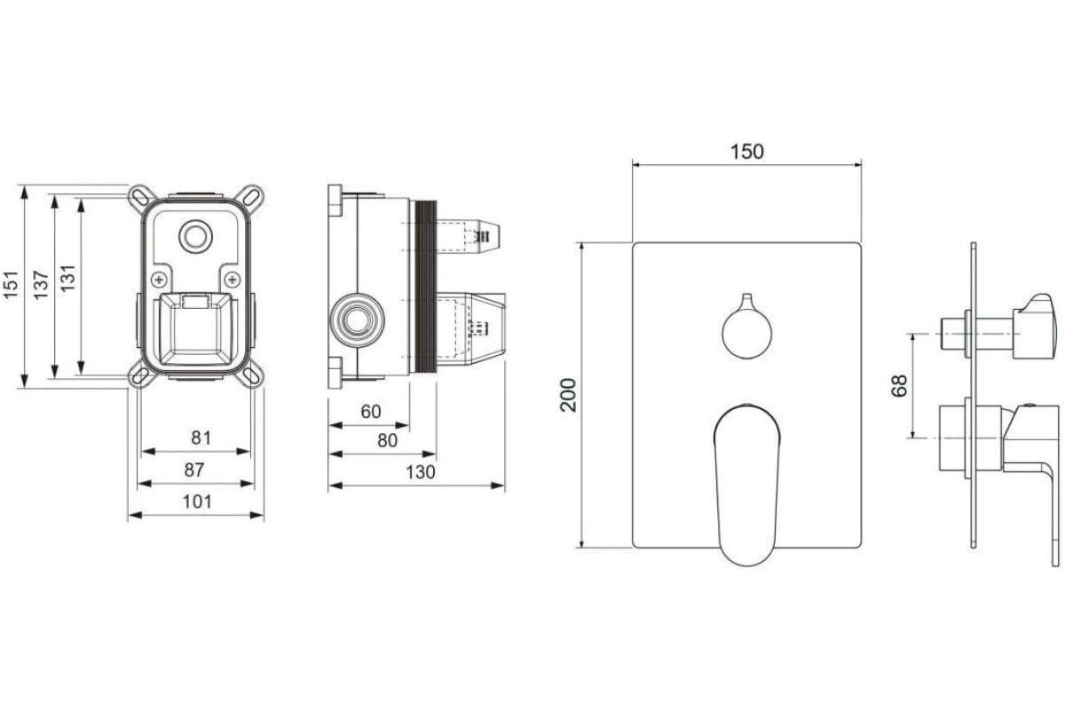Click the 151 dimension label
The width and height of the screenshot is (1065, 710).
click(12, 285)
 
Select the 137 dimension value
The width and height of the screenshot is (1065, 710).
click(42, 285)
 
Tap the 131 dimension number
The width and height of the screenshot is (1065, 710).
click(68, 278)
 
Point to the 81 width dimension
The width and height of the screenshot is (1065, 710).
click(201, 438)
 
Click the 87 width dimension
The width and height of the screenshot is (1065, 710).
click(194, 469)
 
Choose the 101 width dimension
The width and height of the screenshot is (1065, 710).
click(197, 501)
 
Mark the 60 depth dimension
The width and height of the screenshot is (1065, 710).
click(371, 411)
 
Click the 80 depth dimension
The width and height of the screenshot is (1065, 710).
click(388, 441)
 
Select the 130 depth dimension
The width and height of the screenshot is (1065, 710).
click(421, 472)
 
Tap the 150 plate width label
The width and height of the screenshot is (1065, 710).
click(747, 152)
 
